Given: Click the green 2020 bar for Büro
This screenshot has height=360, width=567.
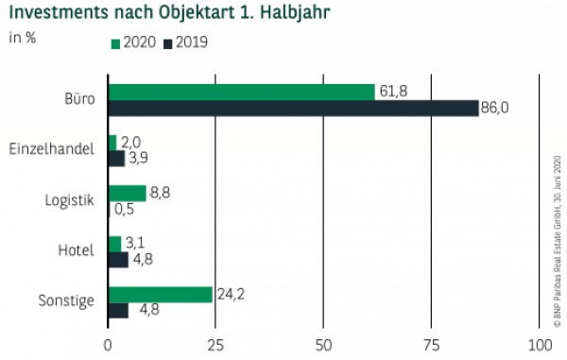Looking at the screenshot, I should point(242,92).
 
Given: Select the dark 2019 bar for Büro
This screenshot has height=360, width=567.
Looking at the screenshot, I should point(294,108).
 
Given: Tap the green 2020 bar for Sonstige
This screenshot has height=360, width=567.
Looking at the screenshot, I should point(161,294).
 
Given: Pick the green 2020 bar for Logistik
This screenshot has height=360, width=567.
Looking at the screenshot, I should point(128,193).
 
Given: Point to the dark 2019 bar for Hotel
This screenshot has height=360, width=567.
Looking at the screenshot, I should point(119,260).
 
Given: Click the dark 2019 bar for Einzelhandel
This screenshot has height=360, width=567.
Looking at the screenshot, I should point(117,159).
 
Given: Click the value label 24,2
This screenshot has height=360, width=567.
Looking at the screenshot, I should point(229,294).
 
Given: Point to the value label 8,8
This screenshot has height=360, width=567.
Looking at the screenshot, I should point(162,193).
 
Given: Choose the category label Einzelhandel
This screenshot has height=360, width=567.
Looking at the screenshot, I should point(51,149).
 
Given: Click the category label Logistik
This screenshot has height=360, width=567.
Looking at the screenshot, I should point(69,200).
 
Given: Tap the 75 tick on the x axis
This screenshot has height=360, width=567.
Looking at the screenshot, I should point(431,344).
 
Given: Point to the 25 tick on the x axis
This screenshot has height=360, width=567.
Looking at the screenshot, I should point(215,344).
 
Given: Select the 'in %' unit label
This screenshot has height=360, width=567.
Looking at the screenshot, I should point(23,38).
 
